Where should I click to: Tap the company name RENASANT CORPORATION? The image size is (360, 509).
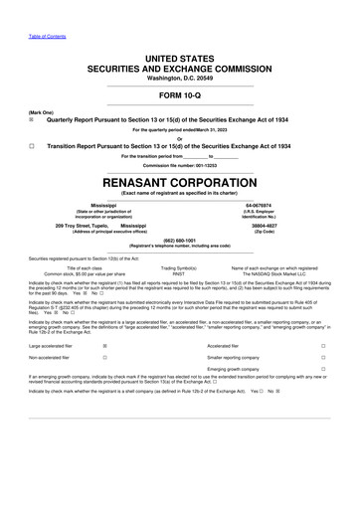pos(180,183)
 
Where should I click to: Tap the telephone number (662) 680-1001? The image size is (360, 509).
pos(180,239)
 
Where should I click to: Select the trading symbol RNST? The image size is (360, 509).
pos(179,272)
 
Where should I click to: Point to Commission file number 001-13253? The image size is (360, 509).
pos(180,164)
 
